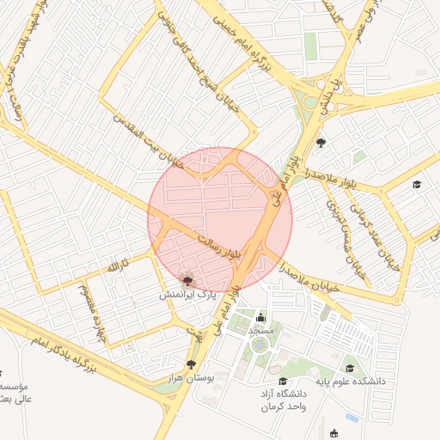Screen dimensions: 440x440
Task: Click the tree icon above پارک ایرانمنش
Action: [x=188, y=279]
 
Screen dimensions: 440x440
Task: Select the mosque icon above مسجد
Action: [x=260, y=318]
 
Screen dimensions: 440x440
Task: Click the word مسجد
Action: [x=260, y=330]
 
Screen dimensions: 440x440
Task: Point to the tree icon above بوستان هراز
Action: [x=191, y=365]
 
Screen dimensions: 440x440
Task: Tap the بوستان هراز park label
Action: [x=191, y=378]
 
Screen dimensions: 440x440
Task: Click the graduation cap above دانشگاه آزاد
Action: [x=283, y=382]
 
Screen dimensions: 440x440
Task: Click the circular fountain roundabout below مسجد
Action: [x=259, y=345]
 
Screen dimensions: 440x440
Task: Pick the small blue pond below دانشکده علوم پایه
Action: [x=351, y=419]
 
